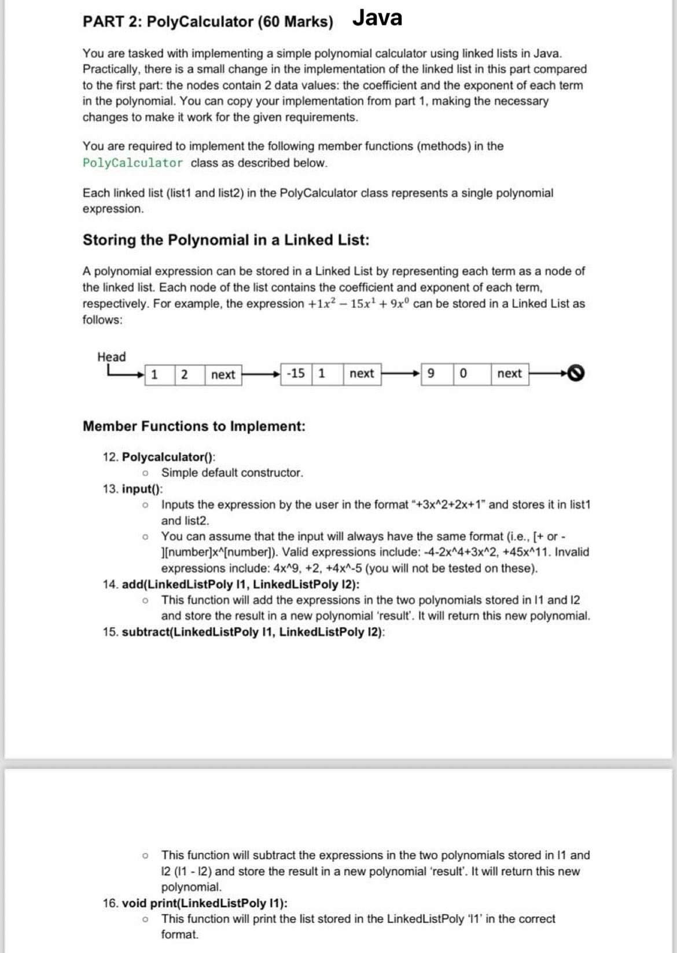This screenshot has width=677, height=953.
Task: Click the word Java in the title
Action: point(377,19)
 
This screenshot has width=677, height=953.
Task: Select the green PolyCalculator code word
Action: point(133,163)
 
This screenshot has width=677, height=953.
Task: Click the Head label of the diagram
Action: point(111,356)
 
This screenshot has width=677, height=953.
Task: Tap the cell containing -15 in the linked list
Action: point(296,373)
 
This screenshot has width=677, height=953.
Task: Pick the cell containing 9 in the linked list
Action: point(431,373)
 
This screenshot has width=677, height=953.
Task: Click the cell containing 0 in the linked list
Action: point(463,373)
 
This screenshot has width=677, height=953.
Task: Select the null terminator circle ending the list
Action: point(576,373)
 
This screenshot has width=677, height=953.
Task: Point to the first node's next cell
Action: point(223,374)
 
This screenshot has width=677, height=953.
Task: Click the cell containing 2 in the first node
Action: point(184,374)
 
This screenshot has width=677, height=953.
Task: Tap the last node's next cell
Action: point(509,373)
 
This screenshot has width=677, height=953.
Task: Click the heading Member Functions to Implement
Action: point(194,426)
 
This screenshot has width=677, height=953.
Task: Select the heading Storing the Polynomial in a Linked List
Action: point(226,240)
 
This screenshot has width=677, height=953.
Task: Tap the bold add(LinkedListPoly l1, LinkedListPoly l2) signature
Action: point(240,584)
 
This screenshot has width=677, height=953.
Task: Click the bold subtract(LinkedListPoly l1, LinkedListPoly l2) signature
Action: point(253,632)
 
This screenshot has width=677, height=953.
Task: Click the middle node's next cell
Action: point(362,373)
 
